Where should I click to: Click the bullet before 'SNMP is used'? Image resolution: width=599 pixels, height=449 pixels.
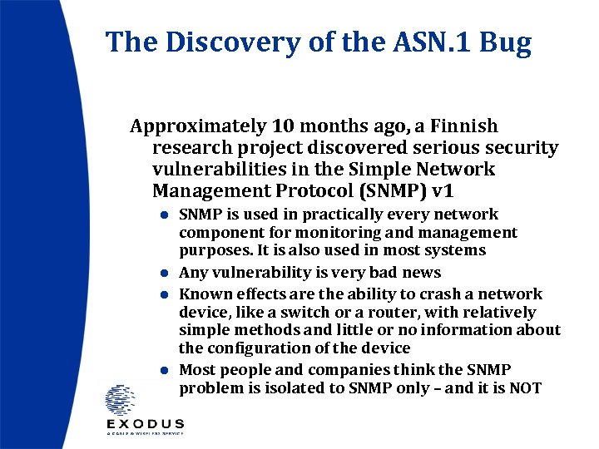coord(166,215)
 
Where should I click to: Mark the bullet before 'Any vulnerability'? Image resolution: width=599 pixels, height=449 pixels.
coord(166,273)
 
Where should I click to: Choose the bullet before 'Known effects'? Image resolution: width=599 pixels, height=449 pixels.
coord(166,294)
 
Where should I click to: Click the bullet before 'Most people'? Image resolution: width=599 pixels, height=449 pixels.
coord(166,370)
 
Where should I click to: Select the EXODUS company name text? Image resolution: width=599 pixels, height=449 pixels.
coord(145,424)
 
